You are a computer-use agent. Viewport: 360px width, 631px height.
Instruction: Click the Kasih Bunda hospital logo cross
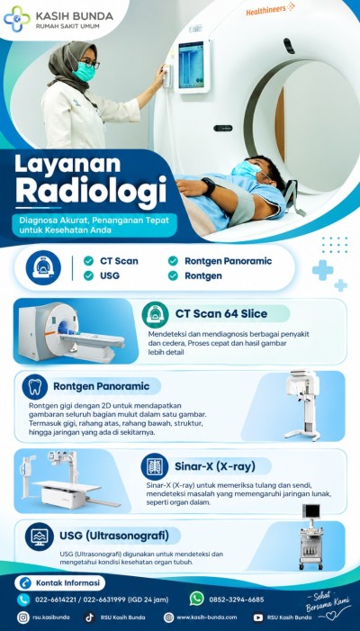pos(17,19)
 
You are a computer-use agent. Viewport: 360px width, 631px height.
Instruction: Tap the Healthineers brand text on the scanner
pos(265,11)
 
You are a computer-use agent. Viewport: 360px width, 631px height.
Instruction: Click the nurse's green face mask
pos(84,71)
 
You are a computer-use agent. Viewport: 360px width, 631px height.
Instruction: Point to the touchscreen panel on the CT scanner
pos(192,65)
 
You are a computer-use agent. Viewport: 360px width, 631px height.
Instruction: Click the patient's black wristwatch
pos(208,185)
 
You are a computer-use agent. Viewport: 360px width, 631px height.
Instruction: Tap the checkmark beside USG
pos(88,275)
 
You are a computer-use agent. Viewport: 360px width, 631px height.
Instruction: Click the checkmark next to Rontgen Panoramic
pos(173,261)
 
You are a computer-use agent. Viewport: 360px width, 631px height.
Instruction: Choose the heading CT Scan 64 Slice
pos(221,314)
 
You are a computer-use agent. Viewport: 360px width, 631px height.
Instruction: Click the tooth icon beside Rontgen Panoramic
pos(35,387)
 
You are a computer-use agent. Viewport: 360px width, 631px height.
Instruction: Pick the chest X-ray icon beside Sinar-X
pos(155,466)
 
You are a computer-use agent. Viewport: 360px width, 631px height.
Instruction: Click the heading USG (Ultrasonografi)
pos(114,536)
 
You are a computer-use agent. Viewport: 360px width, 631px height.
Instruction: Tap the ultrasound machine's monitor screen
pos(311,511)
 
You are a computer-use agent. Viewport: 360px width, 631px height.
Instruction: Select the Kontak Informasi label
pos(67,582)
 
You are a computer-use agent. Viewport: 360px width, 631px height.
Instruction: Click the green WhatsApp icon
pos(197,599)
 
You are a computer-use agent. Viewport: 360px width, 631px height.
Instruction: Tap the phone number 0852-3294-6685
pos(237,599)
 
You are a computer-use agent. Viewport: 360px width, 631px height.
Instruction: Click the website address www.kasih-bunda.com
pos(207,617)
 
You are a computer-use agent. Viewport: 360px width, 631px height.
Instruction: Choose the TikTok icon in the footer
pos(89,617)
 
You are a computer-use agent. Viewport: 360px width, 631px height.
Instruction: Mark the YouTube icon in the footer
pos(257,617)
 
